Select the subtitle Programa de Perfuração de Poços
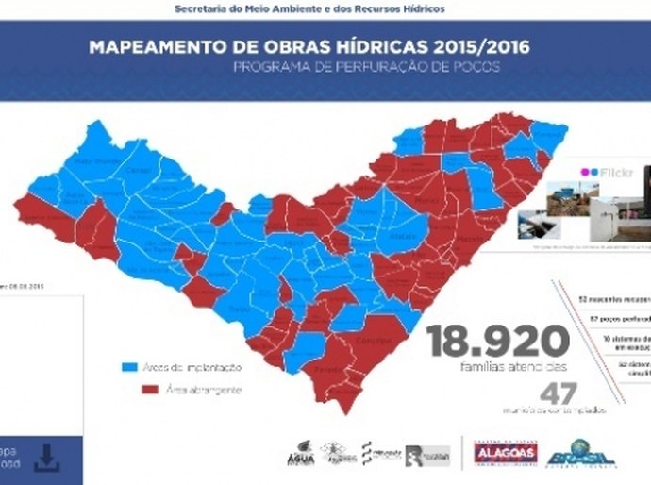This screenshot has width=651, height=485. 368,67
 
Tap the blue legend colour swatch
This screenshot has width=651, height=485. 131,367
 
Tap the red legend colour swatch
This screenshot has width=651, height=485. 149,389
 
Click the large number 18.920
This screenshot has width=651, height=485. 499,341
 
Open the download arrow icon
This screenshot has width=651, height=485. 46,458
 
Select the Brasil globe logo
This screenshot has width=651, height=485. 580,452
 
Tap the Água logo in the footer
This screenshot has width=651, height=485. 301,454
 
